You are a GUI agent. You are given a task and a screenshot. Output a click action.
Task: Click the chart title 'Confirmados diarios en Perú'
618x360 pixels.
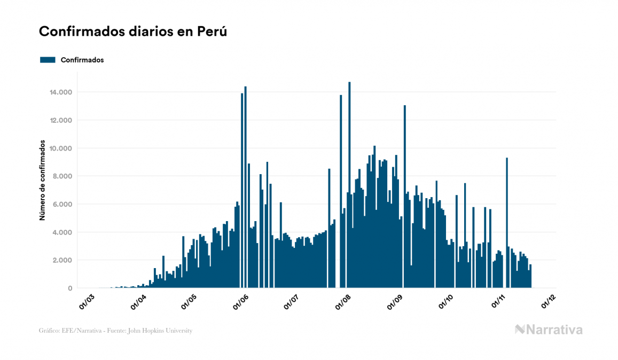[133, 32]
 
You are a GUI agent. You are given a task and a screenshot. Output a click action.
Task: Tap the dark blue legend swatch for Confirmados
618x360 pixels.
[48, 60]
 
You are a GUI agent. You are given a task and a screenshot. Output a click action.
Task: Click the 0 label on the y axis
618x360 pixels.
[70, 288]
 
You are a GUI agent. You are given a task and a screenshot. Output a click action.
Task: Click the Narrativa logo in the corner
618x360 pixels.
[549, 330]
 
